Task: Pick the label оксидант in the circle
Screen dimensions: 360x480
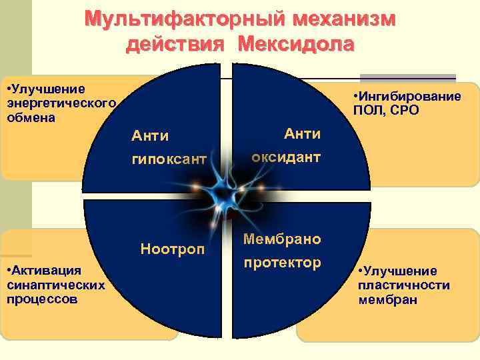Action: (x=286, y=157)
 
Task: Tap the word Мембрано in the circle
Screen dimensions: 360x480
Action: (x=282, y=238)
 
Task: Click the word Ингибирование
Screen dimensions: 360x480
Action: (x=411, y=96)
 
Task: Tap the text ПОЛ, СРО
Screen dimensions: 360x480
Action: (x=389, y=110)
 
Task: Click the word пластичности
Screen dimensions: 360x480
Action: (x=404, y=285)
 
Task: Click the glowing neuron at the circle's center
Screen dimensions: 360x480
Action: (x=227, y=194)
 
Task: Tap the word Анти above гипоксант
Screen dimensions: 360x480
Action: (x=150, y=135)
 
